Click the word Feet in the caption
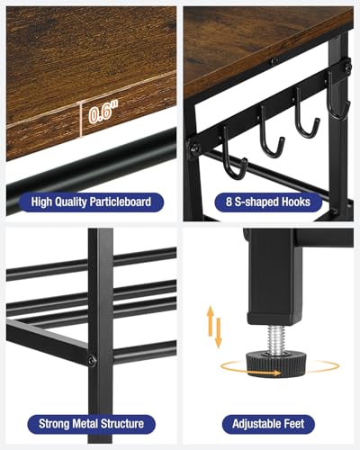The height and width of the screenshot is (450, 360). pos(298,423)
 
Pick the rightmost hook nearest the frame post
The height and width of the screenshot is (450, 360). pos(337,106)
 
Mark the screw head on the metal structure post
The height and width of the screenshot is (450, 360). pos(91,360)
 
